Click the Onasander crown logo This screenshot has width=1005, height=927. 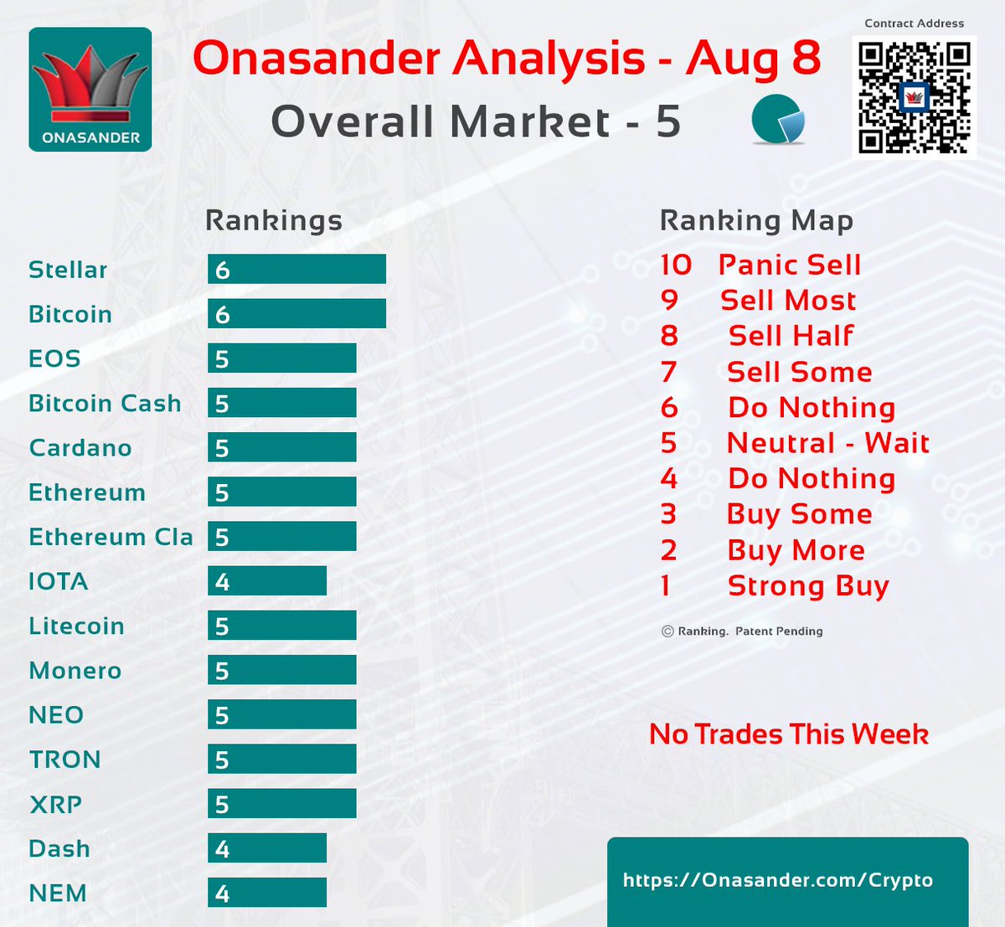[90, 89]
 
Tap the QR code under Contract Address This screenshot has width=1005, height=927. [914, 96]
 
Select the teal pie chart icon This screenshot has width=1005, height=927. [778, 120]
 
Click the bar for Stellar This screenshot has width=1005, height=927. [296, 270]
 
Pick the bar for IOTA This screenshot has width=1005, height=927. [267, 581]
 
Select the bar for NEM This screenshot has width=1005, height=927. [267, 893]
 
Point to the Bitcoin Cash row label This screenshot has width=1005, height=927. [105, 404]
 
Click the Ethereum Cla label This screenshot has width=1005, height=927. [111, 537]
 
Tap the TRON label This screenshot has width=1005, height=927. [64, 760]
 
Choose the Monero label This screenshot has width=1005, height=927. [75, 671]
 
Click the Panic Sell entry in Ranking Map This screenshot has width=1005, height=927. [789, 265]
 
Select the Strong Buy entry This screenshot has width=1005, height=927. [807, 586]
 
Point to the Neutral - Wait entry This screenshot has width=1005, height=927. [827, 442]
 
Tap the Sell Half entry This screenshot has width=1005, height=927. [791, 336]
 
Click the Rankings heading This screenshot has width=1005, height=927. [274, 220]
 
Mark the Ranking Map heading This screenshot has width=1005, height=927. [756, 220]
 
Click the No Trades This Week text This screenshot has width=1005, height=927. [789, 734]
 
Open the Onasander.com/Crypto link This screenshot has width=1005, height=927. [778, 880]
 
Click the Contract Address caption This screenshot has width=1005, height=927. [914, 23]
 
